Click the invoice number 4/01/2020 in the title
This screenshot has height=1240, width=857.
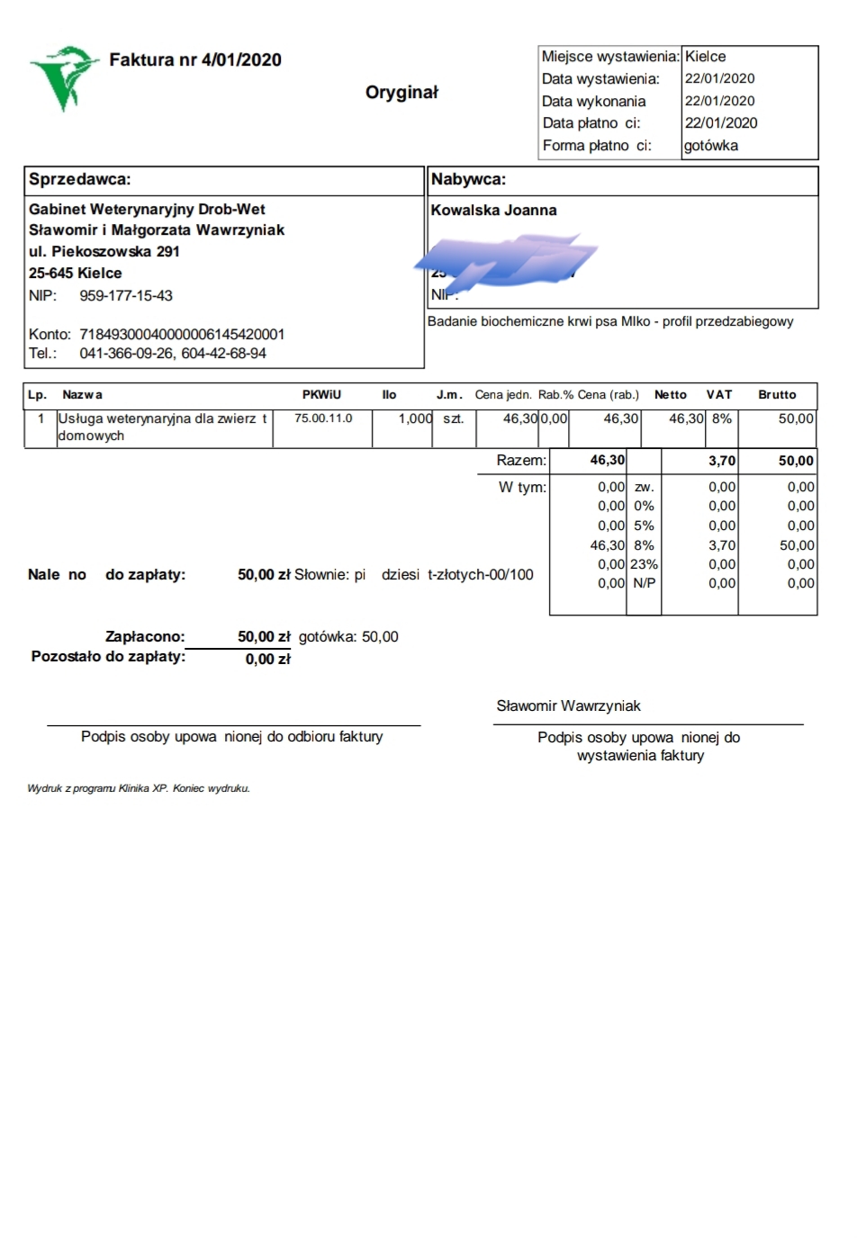click(x=241, y=60)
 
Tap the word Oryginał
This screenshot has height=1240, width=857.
click(x=401, y=93)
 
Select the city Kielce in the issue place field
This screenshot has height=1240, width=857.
click(x=705, y=57)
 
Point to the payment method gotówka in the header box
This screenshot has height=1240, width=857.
click(x=710, y=146)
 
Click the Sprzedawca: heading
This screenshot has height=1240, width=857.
click(x=80, y=179)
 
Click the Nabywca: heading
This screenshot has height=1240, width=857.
click(x=468, y=179)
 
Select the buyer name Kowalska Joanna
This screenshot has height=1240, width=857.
click(x=493, y=211)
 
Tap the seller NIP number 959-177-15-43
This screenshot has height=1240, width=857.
click(x=126, y=296)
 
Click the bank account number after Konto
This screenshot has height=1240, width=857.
click(x=182, y=335)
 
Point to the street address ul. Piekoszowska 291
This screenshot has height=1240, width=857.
click(x=104, y=252)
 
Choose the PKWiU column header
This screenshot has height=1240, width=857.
click(x=321, y=395)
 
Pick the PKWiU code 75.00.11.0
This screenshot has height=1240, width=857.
click(x=323, y=418)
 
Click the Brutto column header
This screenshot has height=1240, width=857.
click(x=777, y=395)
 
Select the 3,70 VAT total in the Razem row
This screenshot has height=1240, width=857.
click(x=722, y=461)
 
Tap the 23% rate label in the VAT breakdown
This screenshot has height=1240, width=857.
click(x=645, y=564)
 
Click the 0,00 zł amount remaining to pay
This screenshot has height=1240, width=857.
click(x=267, y=660)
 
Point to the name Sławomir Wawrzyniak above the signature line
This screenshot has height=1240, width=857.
click(x=568, y=706)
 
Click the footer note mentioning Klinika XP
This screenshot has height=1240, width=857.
click(x=139, y=789)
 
